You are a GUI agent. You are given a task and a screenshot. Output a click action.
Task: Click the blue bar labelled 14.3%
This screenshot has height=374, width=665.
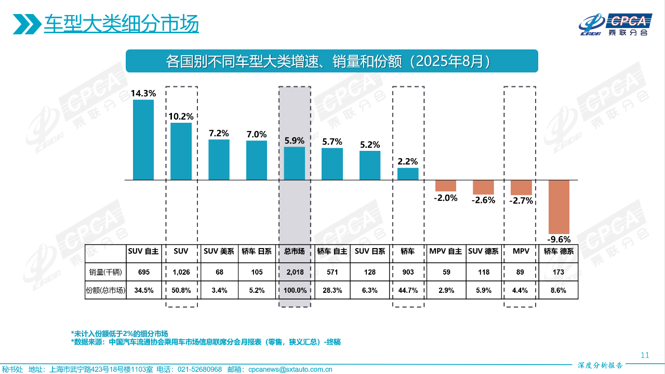click(143, 139)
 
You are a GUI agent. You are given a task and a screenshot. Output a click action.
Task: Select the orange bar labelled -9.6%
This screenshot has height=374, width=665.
click(559, 207)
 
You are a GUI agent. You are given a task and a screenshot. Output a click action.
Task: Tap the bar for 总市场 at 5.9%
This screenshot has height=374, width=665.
click(295, 163)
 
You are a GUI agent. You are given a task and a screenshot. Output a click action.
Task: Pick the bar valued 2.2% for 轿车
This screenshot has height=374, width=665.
click(408, 174)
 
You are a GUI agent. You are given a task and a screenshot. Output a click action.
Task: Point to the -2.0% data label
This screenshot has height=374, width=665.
click(446, 198)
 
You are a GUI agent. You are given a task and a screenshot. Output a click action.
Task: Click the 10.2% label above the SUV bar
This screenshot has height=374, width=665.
click(181, 117)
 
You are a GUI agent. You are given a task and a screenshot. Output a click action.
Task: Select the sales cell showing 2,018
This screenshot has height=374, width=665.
click(295, 272)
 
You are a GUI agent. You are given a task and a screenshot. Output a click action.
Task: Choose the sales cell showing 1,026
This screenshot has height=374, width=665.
click(181, 272)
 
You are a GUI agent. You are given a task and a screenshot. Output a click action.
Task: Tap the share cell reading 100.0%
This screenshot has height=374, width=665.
click(295, 290)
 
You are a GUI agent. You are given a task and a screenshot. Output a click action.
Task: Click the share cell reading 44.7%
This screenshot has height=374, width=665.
click(408, 290)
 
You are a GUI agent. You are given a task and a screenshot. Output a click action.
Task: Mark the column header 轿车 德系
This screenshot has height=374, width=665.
click(559, 251)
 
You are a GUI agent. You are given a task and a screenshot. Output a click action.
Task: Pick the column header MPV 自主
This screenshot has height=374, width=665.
click(446, 251)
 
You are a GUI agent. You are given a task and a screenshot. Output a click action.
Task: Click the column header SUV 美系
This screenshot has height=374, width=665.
click(219, 251)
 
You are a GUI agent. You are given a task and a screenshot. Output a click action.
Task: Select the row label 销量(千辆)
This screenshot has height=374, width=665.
click(105, 272)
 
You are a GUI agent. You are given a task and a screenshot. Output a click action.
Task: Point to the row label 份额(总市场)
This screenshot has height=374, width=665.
click(105, 290)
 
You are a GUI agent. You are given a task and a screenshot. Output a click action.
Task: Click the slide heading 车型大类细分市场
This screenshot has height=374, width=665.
click(121, 24)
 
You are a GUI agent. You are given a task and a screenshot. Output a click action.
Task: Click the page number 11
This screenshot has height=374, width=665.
click(645, 355)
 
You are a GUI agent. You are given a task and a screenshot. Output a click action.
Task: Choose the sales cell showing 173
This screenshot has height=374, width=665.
click(559, 272)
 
